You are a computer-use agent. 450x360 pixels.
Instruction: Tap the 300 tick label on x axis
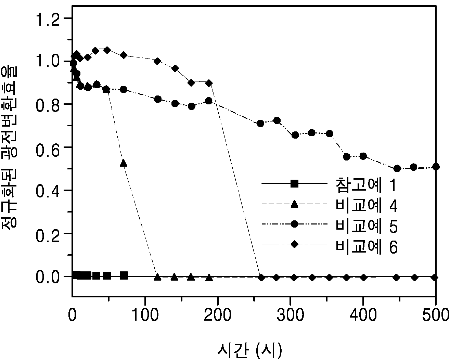click(x=290, y=314)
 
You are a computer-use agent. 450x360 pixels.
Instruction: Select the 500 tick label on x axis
click(x=436, y=314)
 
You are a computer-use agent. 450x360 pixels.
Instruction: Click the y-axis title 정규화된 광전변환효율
click(x=9, y=148)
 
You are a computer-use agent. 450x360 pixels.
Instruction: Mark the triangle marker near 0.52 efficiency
click(x=124, y=163)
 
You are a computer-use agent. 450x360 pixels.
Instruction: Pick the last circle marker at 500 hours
click(x=436, y=167)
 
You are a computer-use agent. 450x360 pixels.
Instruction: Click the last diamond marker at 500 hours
click(x=435, y=278)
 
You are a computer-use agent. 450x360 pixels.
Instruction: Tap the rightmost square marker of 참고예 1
click(x=124, y=276)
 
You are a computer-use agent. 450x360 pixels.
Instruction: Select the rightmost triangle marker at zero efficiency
click(x=209, y=278)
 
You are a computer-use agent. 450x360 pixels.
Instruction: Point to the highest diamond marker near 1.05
click(x=107, y=50)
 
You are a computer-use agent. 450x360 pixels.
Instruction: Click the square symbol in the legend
click(x=294, y=184)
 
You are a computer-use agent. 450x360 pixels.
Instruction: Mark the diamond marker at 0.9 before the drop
click(x=209, y=83)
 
